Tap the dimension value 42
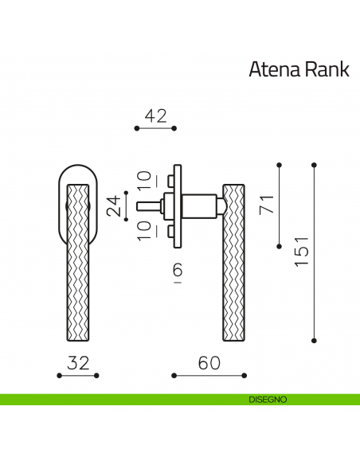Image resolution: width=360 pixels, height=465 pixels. click(155, 115)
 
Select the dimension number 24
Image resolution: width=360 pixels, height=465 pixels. click(115, 205)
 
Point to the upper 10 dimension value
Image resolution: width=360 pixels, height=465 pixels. click(143, 180)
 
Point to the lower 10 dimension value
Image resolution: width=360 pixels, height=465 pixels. click(143, 231)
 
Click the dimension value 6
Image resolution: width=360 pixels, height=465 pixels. click(177, 272)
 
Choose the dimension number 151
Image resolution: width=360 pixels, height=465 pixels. click(300, 252)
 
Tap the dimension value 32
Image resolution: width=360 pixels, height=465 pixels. click(78, 363)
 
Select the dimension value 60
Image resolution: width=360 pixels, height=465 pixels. click(209, 363)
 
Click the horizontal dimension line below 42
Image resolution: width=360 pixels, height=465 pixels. click(155, 128)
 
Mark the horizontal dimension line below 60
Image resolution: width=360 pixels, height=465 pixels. click(209, 375)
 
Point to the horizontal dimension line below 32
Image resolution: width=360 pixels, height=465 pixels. click(78, 375)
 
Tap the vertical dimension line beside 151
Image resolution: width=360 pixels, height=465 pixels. click(315, 252)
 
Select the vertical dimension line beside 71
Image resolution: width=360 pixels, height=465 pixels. click(280, 205)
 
